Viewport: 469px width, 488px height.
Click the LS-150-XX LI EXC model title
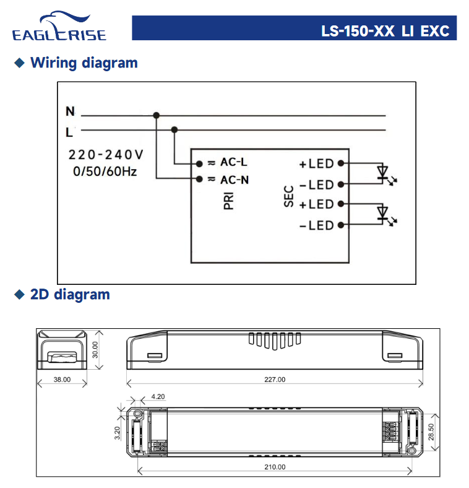[x=385, y=31]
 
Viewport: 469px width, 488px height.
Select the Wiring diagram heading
[x=84, y=63]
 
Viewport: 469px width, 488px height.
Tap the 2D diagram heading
[x=70, y=295]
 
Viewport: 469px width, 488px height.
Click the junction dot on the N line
[x=157, y=115]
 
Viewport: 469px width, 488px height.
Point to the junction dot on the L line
[x=174, y=129]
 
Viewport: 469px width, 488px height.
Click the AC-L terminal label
[x=234, y=162]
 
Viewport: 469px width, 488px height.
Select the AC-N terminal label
[x=234, y=180]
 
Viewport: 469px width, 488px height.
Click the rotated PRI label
[x=228, y=201]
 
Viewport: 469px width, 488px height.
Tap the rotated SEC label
[x=289, y=196]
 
